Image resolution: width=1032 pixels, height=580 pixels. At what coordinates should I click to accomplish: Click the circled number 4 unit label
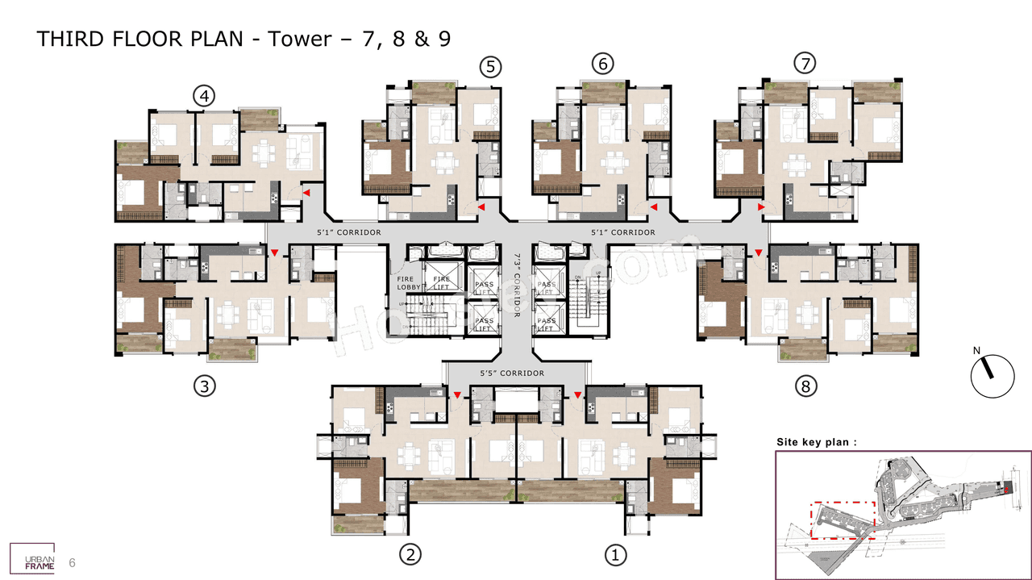(205, 97)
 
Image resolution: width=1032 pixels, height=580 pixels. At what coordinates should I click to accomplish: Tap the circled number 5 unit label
(490, 67)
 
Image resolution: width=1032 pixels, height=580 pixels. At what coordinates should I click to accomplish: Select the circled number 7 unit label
(804, 64)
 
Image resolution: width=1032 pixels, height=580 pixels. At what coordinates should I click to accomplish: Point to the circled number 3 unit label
(205, 386)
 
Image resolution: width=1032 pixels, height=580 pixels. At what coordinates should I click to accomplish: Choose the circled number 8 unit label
(804, 386)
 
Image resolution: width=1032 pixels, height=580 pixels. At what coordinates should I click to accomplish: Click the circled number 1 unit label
(615, 554)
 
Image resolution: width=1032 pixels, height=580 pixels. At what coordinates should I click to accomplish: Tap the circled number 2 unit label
(410, 554)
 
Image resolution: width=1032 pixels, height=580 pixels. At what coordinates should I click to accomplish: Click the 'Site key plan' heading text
(816, 442)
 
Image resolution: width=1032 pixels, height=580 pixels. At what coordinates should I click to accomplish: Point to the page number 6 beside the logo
(73, 562)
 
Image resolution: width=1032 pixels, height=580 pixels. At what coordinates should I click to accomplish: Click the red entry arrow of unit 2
(458, 394)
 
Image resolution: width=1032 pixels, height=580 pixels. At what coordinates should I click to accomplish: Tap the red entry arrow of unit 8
(759, 253)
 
